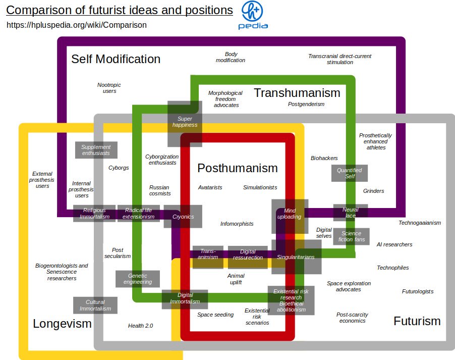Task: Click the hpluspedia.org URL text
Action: pyautogui.click(x=77, y=25)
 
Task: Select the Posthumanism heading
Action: pyautogui.click(x=237, y=168)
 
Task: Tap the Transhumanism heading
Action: pyautogui.click(x=297, y=93)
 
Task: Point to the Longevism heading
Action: pyautogui.click(x=62, y=324)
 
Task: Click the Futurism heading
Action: pyautogui.click(x=417, y=321)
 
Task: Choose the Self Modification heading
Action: pyautogui.click(x=116, y=59)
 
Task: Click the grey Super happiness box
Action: pyautogui.click(x=185, y=121)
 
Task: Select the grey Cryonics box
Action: pyautogui.click(x=183, y=217)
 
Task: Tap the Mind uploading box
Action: pyautogui.click(x=289, y=214)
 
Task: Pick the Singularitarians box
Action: pyautogui.click(x=296, y=257)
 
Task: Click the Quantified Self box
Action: pyautogui.click(x=350, y=173)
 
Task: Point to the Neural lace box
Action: pyautogui.click(x=350, y=213)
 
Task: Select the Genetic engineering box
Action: pyautogui.click(x=137, y=279)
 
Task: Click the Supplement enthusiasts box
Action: pyautogui.click(x=96, y=150)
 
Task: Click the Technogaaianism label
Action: pyautogui.click(x=420, y=223)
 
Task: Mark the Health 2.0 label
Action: pyautogui.click(x=140, y=326)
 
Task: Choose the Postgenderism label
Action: pyautogui.click(x=306, y=104)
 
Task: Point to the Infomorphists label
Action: pyautogui.click(x=237, y=224)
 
